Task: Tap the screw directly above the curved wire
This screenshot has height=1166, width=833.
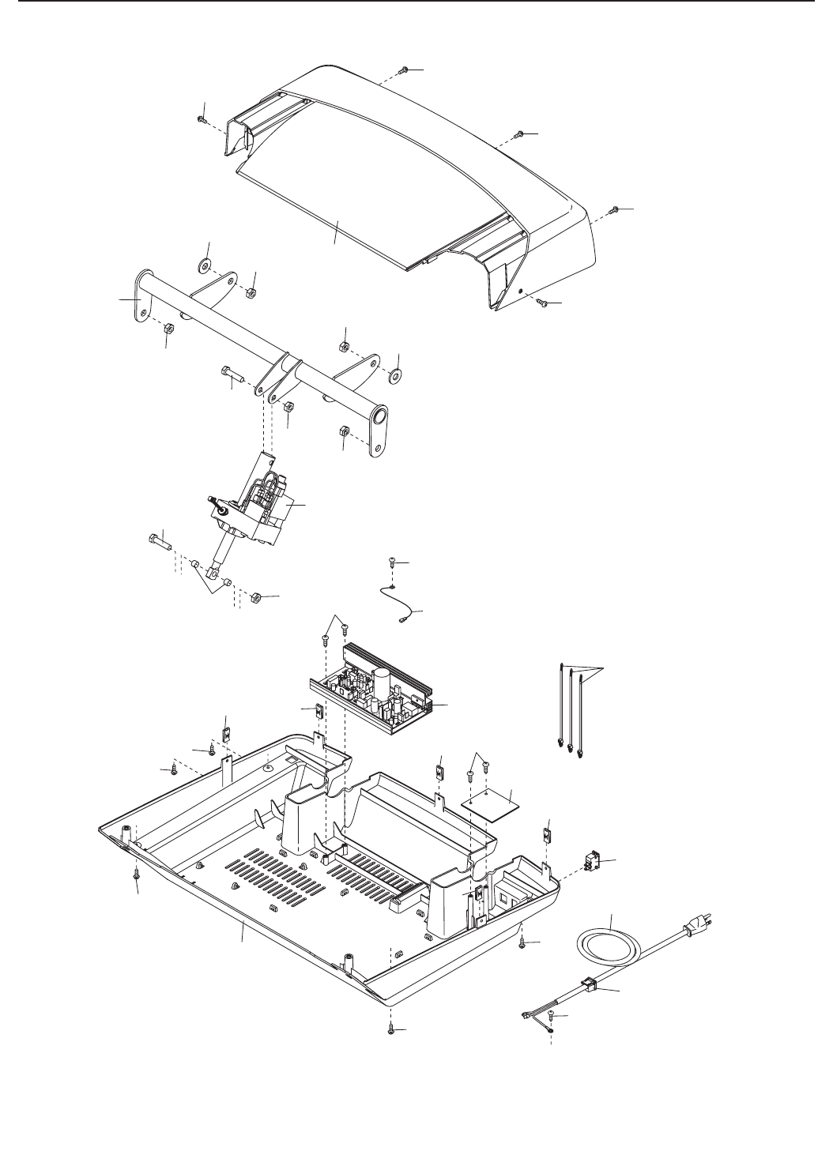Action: pyautogui.click(x=392, y=562)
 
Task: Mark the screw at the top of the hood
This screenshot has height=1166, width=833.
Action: pyautogui.click(x=402, y=70)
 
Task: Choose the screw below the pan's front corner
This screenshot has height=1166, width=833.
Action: pyautogui.click(x=393, y=1030)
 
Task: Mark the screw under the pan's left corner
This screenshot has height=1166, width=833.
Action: pyautogui.click(x=137, y=874)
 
